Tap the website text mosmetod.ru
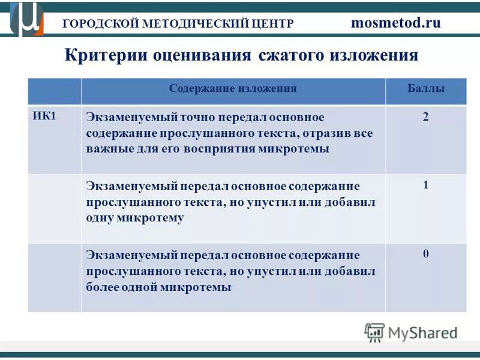395,23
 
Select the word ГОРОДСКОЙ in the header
100,23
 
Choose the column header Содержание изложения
233,89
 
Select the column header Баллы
425,89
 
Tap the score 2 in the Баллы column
425,117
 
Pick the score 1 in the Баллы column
425,185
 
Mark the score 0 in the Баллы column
425,254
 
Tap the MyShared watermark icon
374,332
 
